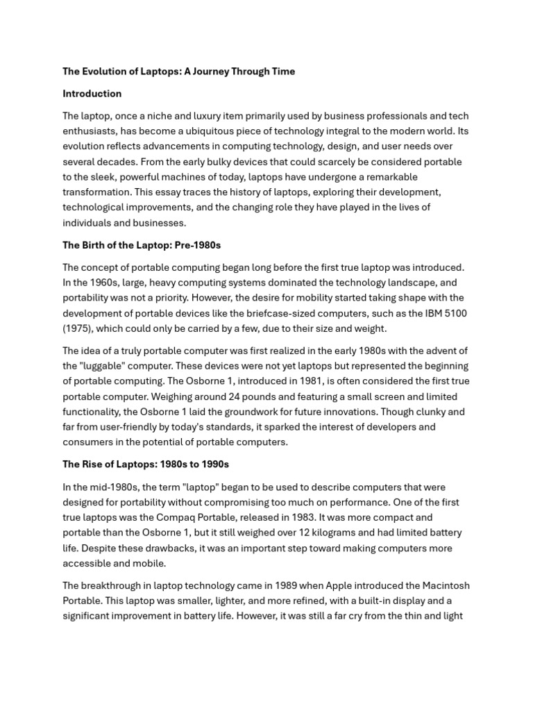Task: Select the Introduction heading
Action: tap(92, 94)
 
